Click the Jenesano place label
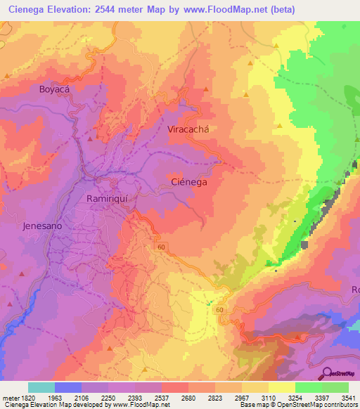point(42,227)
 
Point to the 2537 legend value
point(162,397)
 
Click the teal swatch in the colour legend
point(41,387)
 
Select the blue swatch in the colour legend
point(68,387)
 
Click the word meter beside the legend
point(8,397)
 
